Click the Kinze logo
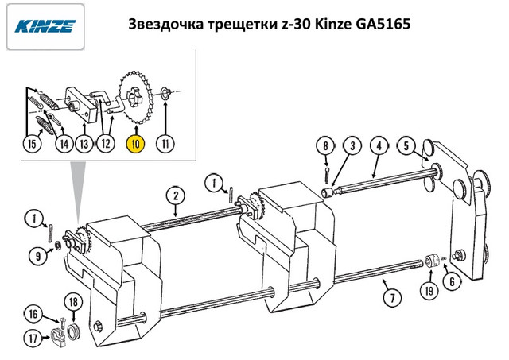pos(45,26)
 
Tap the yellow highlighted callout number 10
pos(135,144)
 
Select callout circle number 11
pos(165,143)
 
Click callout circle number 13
pos(84,143)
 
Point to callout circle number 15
pos(32,143)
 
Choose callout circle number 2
pos(175,195)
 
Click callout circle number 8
pos(325,145)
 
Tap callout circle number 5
pos(406,145)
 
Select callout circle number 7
pos(392,297)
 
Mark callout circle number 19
pos(429,291)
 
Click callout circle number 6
pos(453,281)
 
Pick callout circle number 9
pos(38,256)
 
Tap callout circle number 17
pos(33,339)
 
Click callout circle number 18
pos(73,302)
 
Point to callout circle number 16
pos(33,314)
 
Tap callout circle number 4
pos(379,145)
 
